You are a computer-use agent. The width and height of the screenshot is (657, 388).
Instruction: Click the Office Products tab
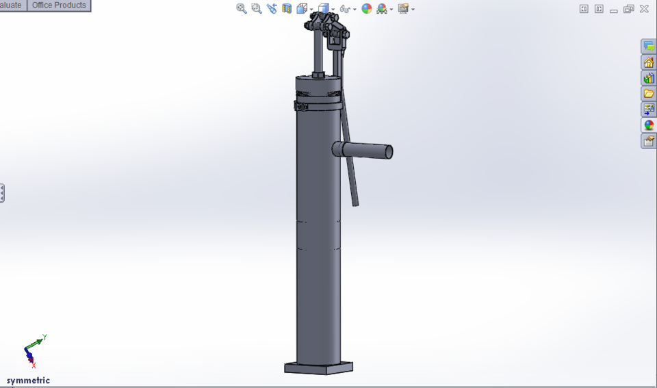(59, 5)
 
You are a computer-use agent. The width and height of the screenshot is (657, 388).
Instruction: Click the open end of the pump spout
(389, 151)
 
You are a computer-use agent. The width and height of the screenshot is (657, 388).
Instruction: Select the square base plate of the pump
(319, 368)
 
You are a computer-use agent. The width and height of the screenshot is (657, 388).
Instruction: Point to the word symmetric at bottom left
(28, 380)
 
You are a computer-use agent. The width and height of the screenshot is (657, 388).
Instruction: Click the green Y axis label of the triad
(44, 337)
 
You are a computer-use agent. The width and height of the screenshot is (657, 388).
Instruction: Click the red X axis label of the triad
(34, 366)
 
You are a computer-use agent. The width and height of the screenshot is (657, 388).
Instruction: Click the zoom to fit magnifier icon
(242, 9)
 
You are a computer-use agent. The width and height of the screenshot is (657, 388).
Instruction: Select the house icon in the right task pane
(648, 62)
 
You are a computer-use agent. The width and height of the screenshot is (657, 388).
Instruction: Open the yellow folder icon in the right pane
(648, 94)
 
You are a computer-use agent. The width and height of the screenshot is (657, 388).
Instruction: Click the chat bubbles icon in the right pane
(648, 47)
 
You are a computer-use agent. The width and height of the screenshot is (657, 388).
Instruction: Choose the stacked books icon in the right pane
(648, 78)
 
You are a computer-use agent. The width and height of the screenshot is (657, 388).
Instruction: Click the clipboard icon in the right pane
(648, 141)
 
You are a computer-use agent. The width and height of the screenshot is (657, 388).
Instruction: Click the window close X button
(644, 9)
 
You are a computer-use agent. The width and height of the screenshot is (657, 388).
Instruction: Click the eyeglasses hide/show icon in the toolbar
(345, 9)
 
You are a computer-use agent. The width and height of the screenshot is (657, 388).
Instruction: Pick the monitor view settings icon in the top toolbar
(403, 9)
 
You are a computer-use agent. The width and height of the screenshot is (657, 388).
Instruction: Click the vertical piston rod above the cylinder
(319, 51)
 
